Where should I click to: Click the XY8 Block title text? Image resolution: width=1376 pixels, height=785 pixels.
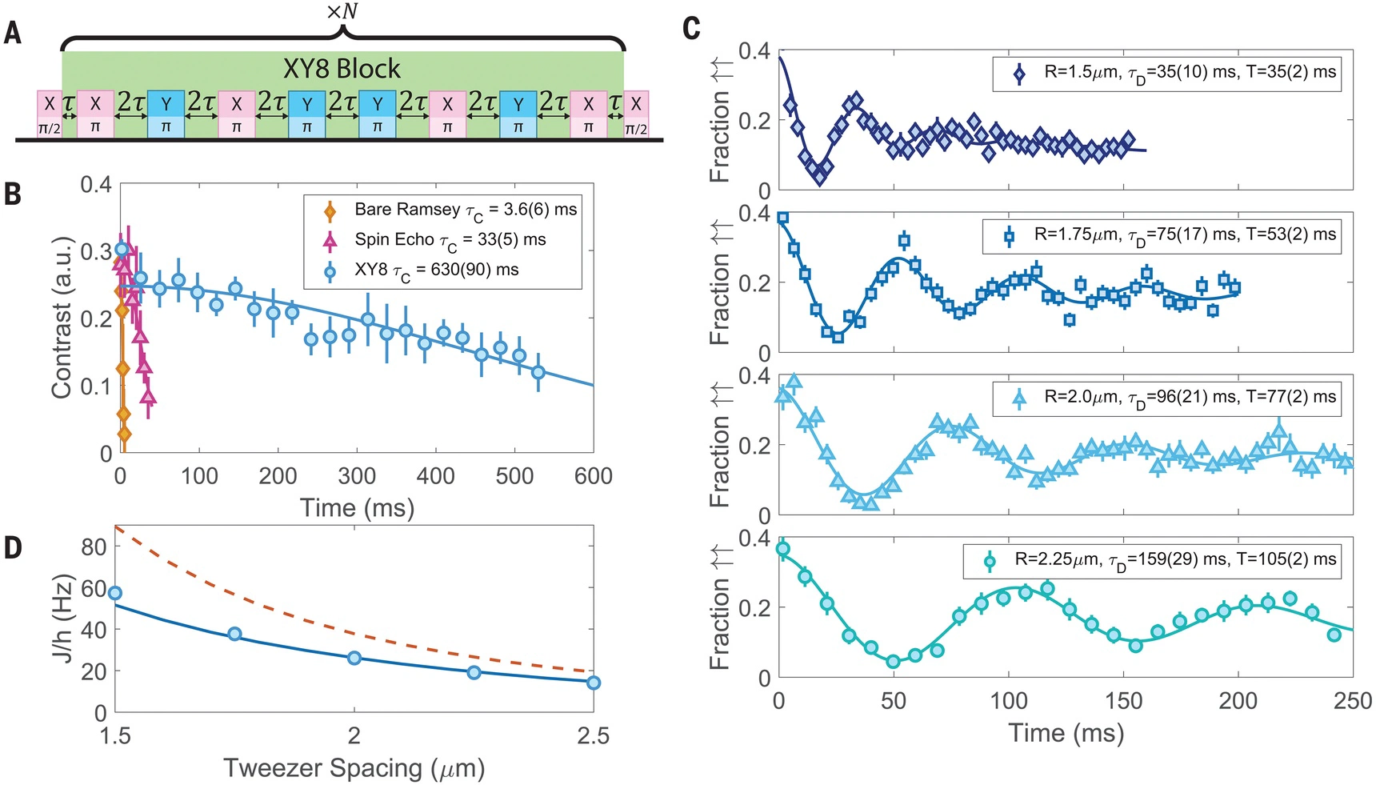(342, 69)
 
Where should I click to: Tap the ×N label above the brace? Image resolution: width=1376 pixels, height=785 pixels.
(342, 11)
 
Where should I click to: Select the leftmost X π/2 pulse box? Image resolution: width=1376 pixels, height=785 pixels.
(50, 114)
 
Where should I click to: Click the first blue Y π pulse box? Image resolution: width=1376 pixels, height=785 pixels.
(166, 114)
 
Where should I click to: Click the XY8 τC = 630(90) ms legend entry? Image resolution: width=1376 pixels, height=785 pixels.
(437, 270)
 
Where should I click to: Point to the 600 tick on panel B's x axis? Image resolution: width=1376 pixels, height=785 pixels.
(593, 476)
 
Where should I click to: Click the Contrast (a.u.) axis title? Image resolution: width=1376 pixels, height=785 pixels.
(62, 318)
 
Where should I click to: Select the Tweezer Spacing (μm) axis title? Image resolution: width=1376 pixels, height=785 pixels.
(354, 768)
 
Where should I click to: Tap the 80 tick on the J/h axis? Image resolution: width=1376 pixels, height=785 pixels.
(94, 547)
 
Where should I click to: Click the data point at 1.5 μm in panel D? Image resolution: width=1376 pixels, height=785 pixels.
(115, 593)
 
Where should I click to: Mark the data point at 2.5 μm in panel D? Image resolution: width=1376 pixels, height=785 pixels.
(593, 683)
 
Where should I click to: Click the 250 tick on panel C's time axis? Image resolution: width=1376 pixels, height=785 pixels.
(1353, 702)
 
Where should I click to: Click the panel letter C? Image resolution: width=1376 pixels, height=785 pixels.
(692, 30)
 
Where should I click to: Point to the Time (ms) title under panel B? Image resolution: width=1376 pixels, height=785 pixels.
(357, 508)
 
